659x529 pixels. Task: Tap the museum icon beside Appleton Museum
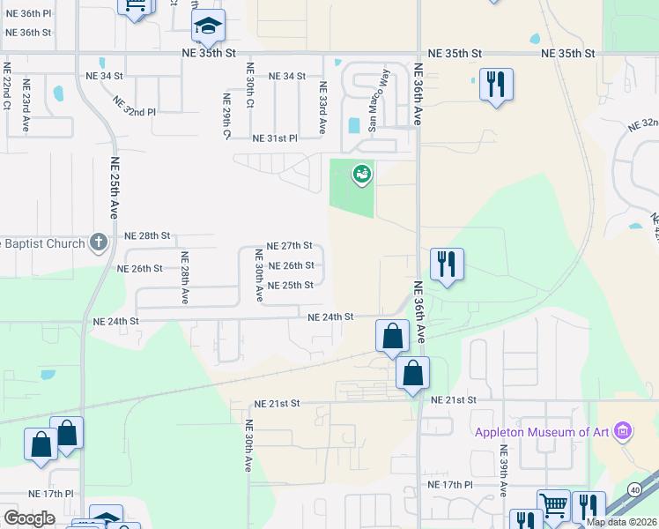click(623, 431)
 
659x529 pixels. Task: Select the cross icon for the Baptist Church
click(99, 242)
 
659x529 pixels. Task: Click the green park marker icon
click(361, 175)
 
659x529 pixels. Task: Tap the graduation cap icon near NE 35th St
click(208, 26)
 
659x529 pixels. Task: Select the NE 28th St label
click(146, 236)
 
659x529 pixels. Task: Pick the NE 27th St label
click(290, 246)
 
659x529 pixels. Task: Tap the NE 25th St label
click(290, 286)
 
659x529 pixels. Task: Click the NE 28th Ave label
click(185, 279)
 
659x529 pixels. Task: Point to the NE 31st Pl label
click(275, 139)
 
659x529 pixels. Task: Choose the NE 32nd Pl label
click(134, 107)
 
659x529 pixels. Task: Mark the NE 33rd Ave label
click(323, 108)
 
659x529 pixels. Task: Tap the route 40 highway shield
click(634, 489)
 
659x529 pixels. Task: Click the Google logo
click(28, 518)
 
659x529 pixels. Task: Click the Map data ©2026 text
click(621, 522)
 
